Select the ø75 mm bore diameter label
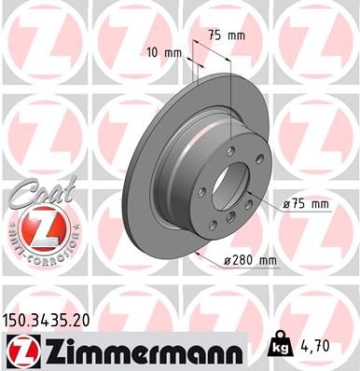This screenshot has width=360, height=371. coord(308,204)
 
